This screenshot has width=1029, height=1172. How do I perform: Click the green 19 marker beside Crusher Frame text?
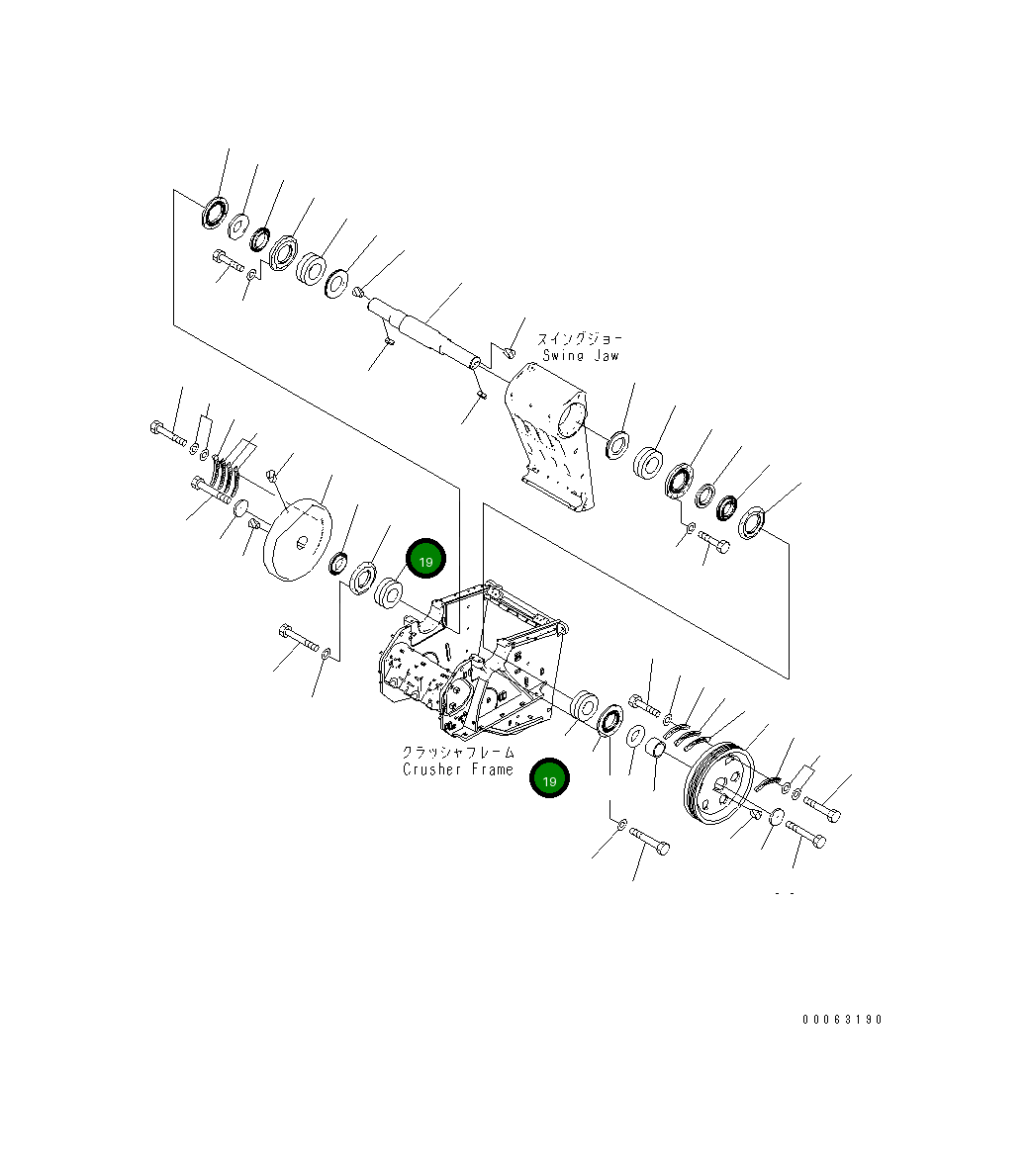(x=550, y=778)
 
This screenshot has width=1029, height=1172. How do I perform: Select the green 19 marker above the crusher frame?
(x=425, y=561)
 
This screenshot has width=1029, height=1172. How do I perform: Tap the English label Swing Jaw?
(x=581, y=355)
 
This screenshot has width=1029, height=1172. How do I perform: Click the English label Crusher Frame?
(x=457, y=769)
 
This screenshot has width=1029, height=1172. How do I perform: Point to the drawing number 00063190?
(x=842, y=1020)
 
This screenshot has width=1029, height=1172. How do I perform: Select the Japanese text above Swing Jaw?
(x=581, y=338)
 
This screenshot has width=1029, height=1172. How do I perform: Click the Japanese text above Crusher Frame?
(x=458, y=753)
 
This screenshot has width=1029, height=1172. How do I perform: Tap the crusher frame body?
(x=475, y=663)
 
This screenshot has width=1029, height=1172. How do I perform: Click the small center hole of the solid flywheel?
(x=303, y=539)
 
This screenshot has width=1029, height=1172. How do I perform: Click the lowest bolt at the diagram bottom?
(x=648, y=842)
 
